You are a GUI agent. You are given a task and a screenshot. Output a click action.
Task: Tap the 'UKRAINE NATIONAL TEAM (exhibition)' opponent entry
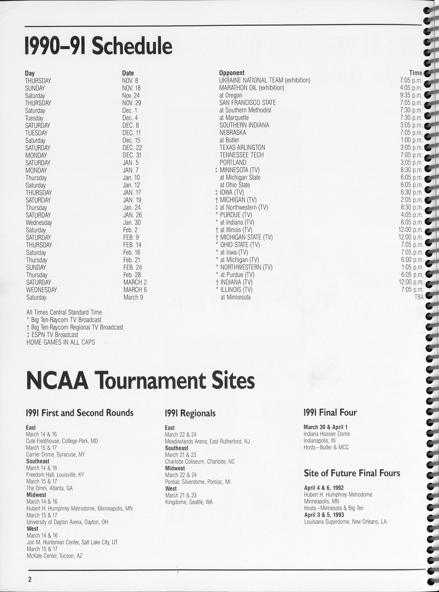(265, 80)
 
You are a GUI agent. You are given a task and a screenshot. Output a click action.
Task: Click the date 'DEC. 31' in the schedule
(132, 155)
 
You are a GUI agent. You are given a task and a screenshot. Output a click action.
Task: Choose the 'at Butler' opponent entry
(229, 140)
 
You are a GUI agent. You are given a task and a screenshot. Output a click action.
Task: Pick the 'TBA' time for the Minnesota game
(419, 297)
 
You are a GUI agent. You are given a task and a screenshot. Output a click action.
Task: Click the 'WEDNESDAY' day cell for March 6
(41, 290)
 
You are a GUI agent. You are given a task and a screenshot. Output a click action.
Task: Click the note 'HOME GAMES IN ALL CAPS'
(61, 342)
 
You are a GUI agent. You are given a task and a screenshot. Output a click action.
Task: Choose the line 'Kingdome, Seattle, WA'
(189, 502)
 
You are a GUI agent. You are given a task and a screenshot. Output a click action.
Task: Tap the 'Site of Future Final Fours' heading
(352, 473)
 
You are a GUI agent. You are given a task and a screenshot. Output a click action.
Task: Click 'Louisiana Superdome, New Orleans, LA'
(345, 522)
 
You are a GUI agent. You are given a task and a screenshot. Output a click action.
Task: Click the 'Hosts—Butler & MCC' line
(326, 447)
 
